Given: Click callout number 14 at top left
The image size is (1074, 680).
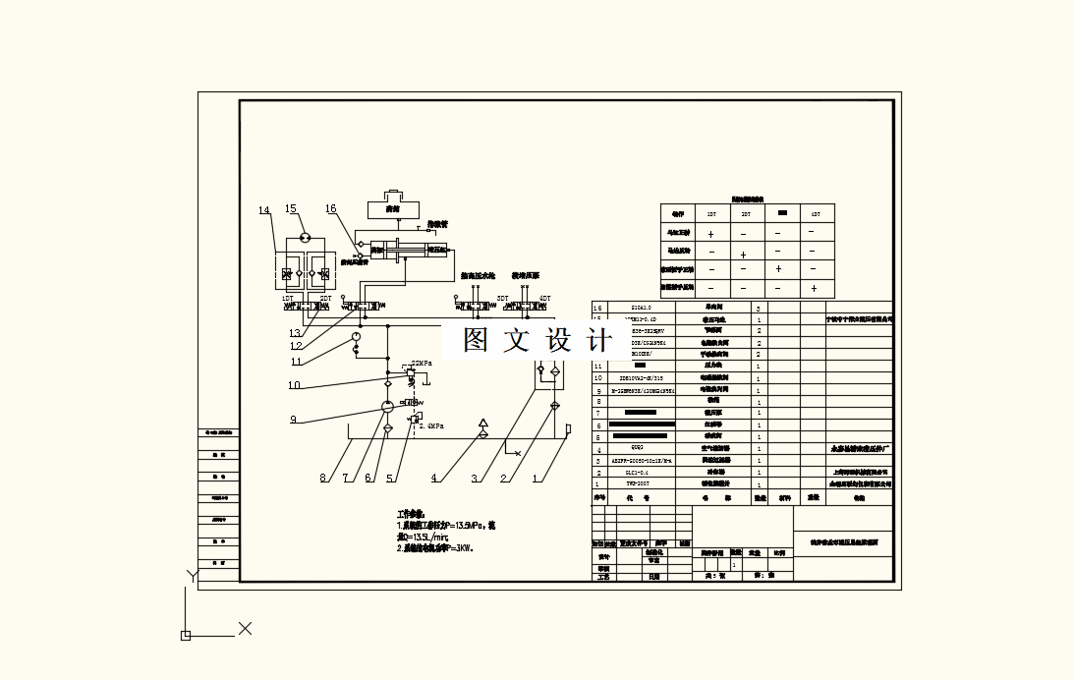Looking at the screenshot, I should (x=263, y=210).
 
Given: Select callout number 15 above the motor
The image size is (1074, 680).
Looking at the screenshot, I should (x=291, y=209).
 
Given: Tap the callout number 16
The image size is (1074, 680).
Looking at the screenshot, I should (x=331, y=209).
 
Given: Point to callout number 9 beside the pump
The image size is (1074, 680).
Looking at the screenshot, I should (x=293, y=420).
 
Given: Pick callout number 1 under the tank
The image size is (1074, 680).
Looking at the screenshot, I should (x=537, y=479).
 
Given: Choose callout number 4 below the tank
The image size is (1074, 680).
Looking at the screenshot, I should (x=433, y=479).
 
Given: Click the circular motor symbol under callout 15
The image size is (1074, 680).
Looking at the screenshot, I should (x=305, y=238).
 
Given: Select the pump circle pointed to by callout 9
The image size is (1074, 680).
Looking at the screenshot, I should (x=386, y=406).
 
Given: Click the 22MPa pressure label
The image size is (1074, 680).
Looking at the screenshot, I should (x=422, y=363).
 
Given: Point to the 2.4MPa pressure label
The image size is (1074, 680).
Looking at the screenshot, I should (x=432, y=426).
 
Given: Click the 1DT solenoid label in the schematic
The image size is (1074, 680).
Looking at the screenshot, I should (x=288, y=298).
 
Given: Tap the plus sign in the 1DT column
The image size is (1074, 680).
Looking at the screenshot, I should (x=710, y=235).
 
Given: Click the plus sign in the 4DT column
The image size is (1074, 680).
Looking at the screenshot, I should (x=814, y=288).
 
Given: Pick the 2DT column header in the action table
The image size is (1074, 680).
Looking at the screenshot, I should (x=746, y=213).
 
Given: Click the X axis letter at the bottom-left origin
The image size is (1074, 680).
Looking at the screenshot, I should (x=246, y=628).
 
